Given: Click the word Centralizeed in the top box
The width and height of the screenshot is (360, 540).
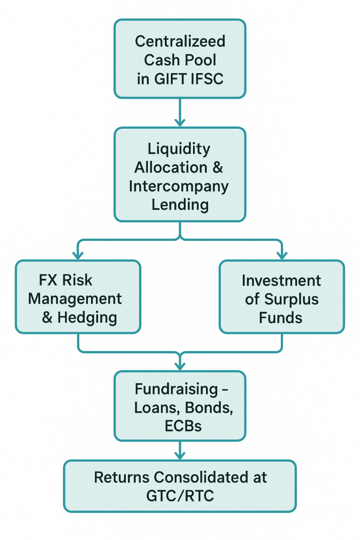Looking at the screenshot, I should tap(180, 41).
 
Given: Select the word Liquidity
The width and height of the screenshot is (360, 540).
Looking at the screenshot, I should tap(180, 149).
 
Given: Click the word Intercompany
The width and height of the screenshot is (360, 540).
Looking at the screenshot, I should tap(180, 186).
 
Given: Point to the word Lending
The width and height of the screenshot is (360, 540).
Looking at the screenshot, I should tap(180, 205).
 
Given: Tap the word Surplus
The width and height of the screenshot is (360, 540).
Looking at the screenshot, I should tap(291, 299).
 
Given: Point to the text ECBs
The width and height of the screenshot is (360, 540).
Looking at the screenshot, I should tap(180, 426).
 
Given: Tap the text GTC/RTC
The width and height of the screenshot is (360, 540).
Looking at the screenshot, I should tap(180, 496).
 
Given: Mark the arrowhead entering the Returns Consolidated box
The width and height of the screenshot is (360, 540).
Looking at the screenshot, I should tap(180, 455).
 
